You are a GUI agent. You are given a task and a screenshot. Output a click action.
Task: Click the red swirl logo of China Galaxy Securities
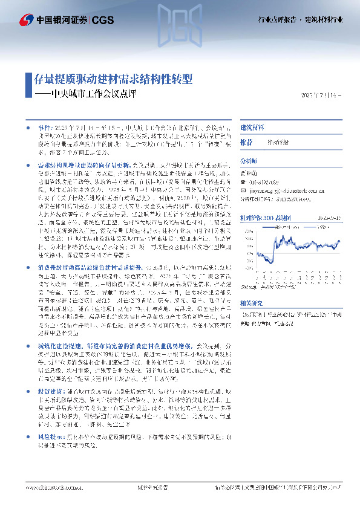[x=26, y=21]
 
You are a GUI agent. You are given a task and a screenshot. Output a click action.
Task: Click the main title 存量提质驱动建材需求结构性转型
[x=113, y=79]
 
